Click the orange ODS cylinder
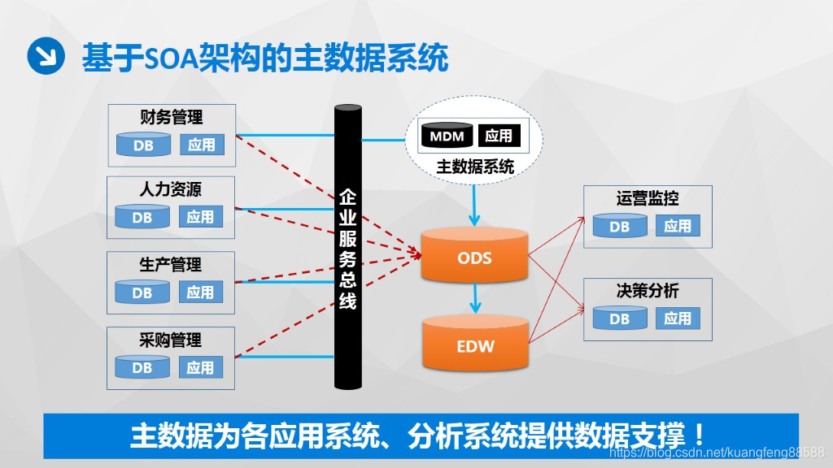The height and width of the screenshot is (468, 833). pos(475,257)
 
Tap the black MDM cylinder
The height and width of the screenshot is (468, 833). pos(447,136)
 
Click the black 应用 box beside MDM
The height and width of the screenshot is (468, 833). pos(499,136)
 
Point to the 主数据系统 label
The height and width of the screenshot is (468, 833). pos(475,167)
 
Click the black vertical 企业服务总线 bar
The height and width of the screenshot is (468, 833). pos(347,248)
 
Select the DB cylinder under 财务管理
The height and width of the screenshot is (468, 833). pos(142,145)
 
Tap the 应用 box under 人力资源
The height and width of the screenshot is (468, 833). pos(200,217)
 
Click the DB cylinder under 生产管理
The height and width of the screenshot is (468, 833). pos(142,292)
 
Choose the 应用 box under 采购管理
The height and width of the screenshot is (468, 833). pos(200,367)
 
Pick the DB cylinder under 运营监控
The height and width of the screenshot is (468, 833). pos(619,227)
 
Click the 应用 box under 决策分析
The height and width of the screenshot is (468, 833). pos(678,318)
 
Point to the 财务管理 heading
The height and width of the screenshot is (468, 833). pos(171,117)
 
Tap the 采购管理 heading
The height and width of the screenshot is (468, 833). pos(171,340)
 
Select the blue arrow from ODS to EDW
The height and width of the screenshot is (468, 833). pos(475,301)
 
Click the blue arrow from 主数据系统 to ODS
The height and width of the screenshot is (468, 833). pos(475,205)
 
